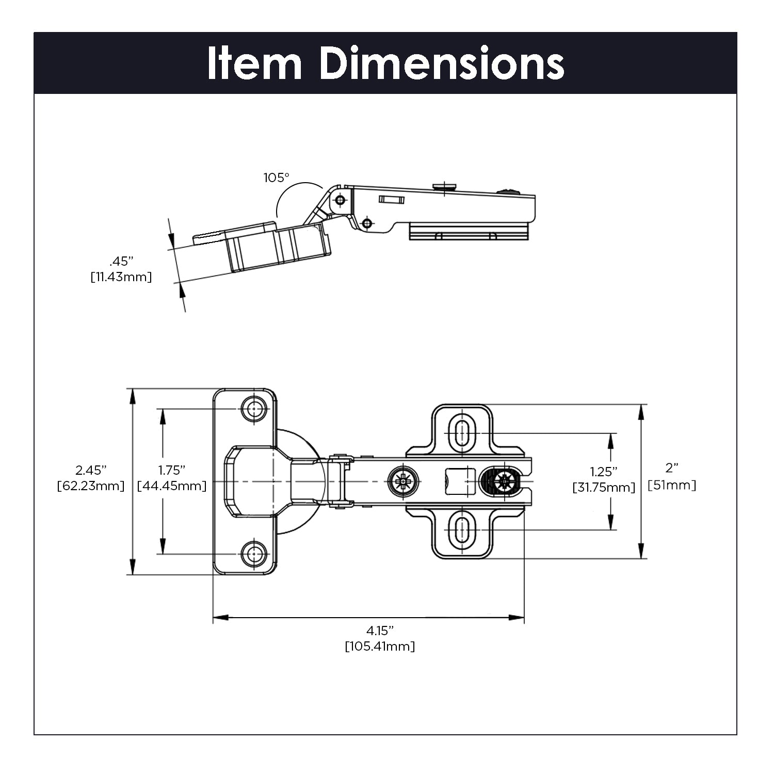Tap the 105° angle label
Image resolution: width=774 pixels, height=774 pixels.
pyautogui.click(x=277, y=178)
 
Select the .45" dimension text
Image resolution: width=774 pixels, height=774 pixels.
pyautogui.click(x=121, y=261)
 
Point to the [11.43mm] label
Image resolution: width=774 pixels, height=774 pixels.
pyautogui.click(x=121, y=277)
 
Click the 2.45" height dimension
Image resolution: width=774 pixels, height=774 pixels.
pyautogui.click(x=91, y=470)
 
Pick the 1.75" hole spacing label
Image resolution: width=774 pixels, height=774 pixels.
pyautogui.click(x=172, y=470)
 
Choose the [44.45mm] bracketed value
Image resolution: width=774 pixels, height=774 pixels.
pyautogui.click(x=172, y=486)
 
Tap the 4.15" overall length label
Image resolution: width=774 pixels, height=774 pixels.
pyautogui.click(x=380, y=630)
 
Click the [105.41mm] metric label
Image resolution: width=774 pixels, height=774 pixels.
pyautogui.click(x=380, y=646)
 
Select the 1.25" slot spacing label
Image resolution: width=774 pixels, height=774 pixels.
pyautogui.click(x=604, y=472)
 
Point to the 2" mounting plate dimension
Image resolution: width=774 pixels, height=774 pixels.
pyautogui.click(x=671, y=468)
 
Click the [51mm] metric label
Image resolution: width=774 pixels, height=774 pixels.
pyautogui.click(x=671, y=485)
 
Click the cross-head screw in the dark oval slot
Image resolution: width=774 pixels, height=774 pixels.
pyautogui.click(x=502, y=482)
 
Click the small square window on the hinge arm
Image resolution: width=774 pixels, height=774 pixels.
pyautogui.click(x=459, y=481)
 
